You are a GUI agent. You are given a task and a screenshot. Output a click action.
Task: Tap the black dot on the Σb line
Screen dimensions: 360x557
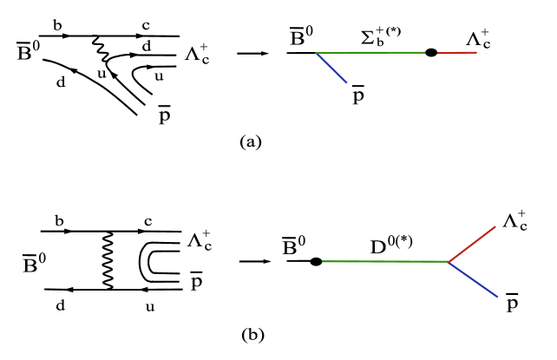tap(430, 53)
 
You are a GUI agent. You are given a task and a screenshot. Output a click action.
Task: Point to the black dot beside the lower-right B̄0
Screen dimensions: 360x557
tap(317, 260)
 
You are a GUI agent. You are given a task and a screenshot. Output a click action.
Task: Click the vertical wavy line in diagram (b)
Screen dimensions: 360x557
tap(108, 258)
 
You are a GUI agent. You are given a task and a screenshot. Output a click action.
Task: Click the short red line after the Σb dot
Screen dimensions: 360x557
tap(455, 53)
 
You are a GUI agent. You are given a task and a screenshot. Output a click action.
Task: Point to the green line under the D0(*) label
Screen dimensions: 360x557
tap(382, 261)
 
